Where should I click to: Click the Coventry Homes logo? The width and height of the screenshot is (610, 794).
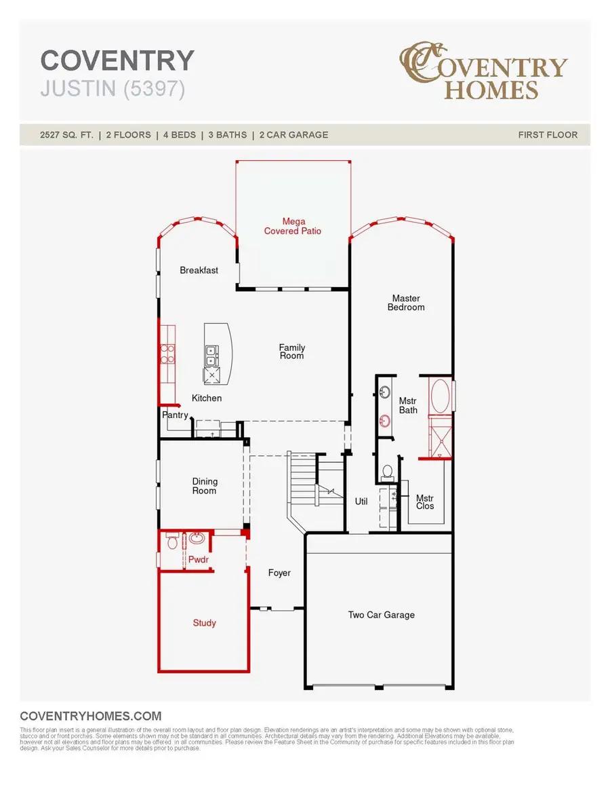click(483, 72)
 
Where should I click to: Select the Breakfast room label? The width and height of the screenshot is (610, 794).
click(199, 270)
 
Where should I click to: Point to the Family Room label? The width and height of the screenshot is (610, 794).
click(291, 352)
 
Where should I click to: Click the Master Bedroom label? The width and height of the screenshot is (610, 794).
click(406, 303)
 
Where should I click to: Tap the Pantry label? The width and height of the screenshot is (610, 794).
click(175, 415)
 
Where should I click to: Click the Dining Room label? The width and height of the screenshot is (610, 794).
click(204, 486)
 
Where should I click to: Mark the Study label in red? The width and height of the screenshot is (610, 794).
click(204, 622)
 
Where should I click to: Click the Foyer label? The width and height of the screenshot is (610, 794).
click(279, 573)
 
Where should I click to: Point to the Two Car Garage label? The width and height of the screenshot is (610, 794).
click(381, 615)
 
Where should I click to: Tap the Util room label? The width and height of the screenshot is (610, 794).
click(361, 502)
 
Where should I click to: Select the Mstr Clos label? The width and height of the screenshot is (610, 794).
click(425, 502)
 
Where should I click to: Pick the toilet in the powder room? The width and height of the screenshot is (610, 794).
click(171, 542)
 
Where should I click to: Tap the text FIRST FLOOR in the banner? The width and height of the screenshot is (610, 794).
click(548, 134)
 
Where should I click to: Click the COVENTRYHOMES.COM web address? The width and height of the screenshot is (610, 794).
click(91, 716)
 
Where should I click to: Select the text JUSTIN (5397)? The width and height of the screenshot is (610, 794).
click(113, 90)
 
